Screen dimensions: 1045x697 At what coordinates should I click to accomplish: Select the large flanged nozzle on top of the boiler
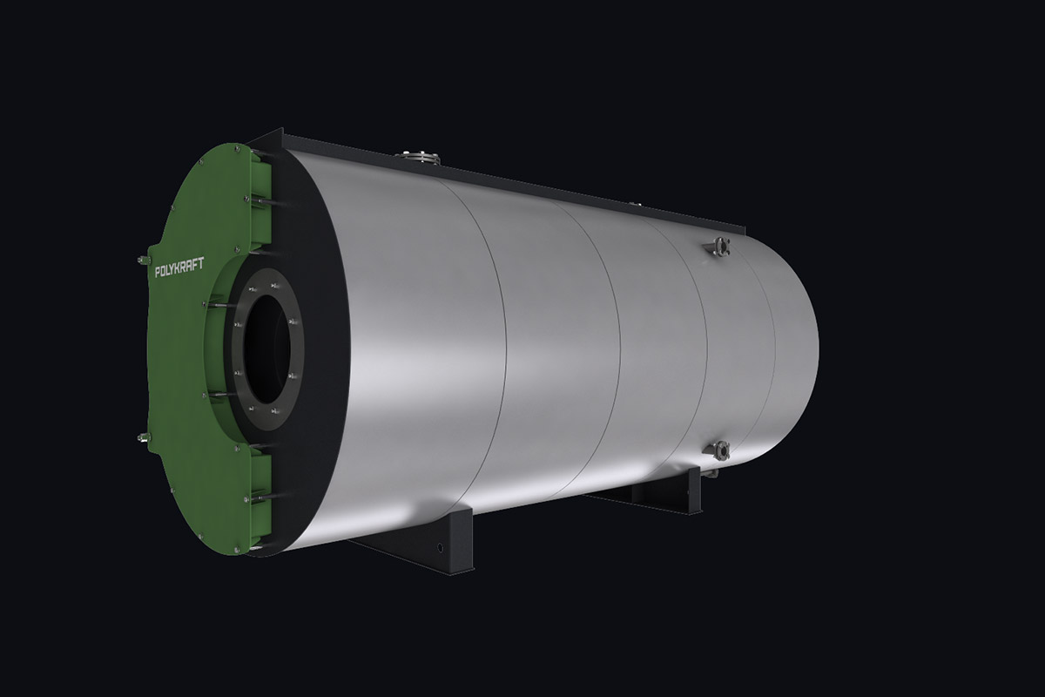418,157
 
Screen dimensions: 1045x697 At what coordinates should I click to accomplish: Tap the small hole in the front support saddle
440,546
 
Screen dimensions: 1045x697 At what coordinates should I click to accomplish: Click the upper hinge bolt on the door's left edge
143,259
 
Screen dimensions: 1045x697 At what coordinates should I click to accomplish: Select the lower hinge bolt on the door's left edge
143,437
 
